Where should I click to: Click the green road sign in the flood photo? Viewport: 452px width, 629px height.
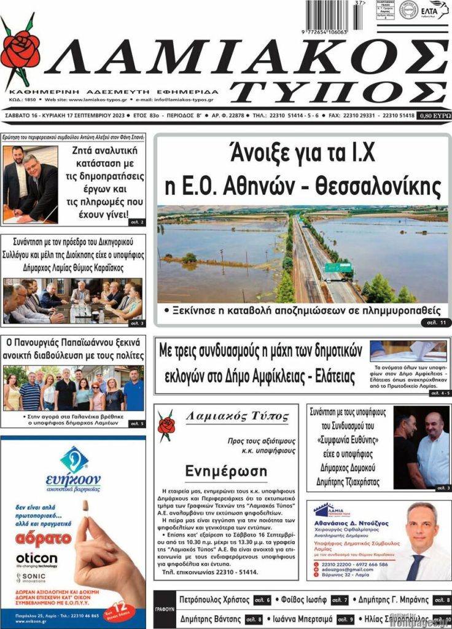pyautogui.click(x=339, y=268)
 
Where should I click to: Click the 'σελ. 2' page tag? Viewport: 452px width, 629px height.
pyautogui.click(x=136, y=222)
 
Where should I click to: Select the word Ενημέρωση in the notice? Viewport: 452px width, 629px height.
pyautogui.click(x=226, y=472)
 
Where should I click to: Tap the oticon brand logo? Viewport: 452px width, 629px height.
pyautogui.click(x=36, y=559)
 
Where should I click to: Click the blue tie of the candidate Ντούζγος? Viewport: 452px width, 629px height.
pyautogui.click(x=416, y=566)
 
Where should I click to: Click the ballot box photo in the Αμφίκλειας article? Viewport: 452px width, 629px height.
pyautogui.click(x=408, y=351)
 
